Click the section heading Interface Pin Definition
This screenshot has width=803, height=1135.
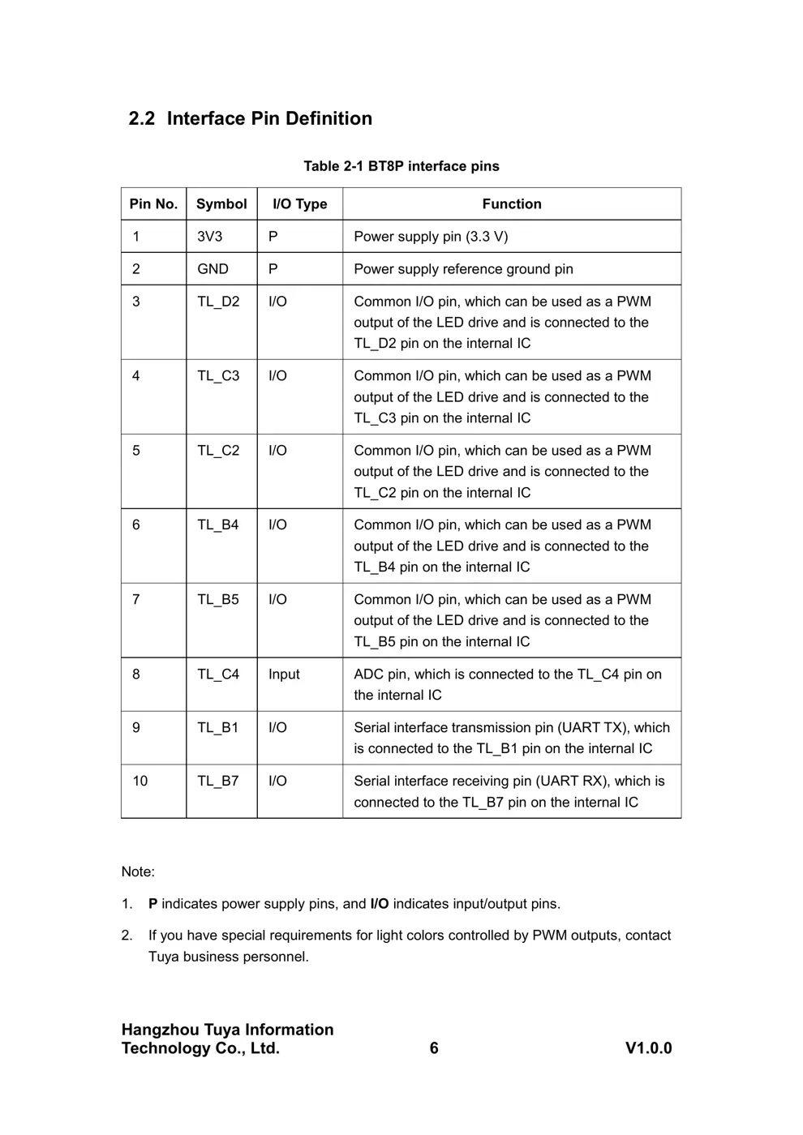point(250,118)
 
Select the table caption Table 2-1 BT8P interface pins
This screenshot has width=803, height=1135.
point(401,166)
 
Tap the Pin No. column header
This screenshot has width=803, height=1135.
point(153,204)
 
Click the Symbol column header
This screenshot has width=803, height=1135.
point(221,204)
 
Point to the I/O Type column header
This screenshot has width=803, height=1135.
point(299,204)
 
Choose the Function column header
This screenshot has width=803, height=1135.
point(511,204)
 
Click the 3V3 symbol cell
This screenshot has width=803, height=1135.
point(209,237)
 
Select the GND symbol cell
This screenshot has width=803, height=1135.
point(213,269)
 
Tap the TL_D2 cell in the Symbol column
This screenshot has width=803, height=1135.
point(218,302)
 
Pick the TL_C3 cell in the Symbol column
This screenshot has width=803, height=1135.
point(218,376)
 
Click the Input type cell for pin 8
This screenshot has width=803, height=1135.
point(284,675)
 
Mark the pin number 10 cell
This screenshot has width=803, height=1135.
point(140,782)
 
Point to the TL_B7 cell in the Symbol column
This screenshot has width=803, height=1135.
point(218,782)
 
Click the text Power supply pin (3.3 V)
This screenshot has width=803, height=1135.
point(431,237)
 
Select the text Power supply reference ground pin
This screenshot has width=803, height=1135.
point(463,269)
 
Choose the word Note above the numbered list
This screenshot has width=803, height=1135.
point(137,872)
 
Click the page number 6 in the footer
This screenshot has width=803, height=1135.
point(434,1048)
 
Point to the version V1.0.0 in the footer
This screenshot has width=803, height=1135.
point(648,1048)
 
